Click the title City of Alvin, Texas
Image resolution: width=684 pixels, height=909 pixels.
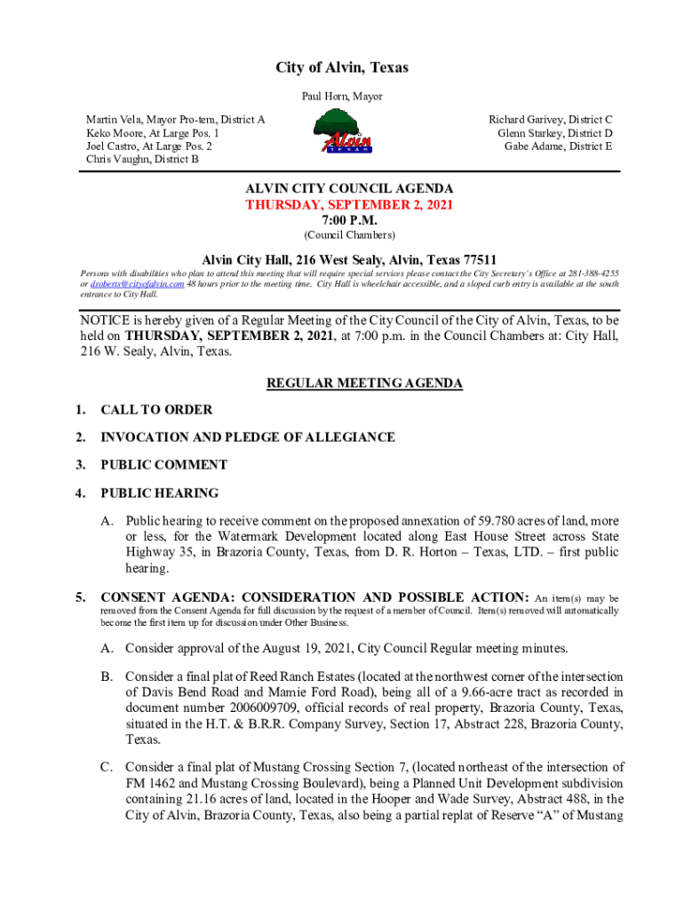tap(342, 68)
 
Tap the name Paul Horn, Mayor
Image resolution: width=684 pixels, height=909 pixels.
tap(342, 96)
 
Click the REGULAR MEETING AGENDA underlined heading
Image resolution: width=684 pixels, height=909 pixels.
tap(364, 383)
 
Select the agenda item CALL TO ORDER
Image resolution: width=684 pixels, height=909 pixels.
tap(156, 410)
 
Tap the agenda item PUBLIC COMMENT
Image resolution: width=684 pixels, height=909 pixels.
tap(163, 465)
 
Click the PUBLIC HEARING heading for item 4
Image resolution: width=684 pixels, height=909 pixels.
tap(159, 493)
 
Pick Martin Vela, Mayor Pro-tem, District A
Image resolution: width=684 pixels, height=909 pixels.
tap(175, 119)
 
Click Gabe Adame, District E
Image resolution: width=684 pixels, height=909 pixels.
tap(558, 146)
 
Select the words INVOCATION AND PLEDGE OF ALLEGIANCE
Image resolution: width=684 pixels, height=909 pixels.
tap(248, 438)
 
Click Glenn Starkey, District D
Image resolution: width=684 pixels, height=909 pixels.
tap(554, 133)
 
